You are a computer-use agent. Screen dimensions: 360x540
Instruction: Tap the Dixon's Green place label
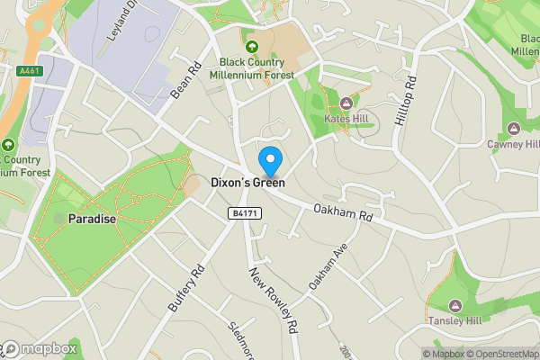[247, 183]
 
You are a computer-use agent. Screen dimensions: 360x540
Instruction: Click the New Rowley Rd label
[274, 301]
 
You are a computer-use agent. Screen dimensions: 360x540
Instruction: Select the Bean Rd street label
[184, 80]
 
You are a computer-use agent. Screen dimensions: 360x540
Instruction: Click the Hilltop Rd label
[407, 101]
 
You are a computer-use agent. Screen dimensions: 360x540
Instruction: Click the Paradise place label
[93, 219]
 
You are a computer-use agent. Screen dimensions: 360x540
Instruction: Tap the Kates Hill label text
[346, 119]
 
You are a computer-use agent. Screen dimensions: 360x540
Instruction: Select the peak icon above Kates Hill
[346, 103]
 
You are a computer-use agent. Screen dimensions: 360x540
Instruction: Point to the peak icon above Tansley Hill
[454, 305]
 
